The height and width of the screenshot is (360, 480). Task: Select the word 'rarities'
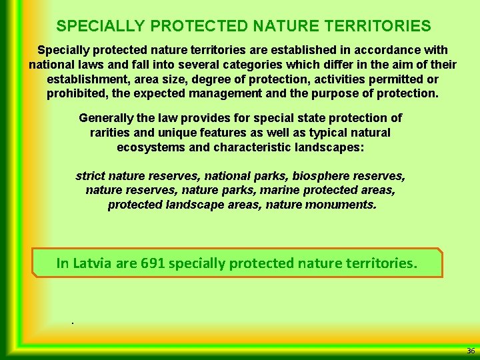[x=111, y=132]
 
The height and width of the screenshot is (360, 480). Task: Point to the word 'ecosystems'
[x=151, y=147]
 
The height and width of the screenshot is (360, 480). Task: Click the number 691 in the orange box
[x=153, y=263]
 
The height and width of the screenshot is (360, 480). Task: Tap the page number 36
[x=470, y=351]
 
